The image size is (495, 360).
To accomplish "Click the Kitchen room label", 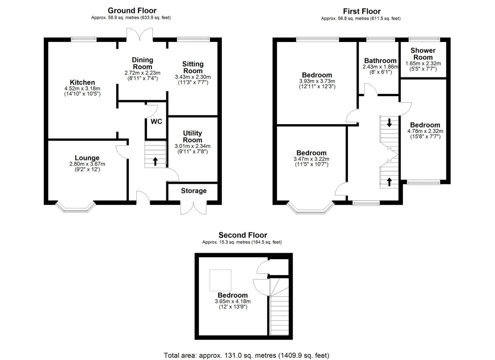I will click(x=82, y=82).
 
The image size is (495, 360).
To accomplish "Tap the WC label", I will click(x=156, y=121).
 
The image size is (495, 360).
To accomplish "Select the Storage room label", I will click(x=194, y=191).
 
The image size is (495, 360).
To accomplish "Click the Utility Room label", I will click(x=192, y=136).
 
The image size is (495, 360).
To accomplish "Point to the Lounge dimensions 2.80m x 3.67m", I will click(x=87, y=164).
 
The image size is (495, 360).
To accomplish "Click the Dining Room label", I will click(x=142, y=63).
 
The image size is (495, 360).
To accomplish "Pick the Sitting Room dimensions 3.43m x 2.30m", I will click(x=193, y=77).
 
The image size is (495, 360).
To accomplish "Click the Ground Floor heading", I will click(x=132, y=11).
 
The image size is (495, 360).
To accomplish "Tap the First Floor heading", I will click(x=362, y=11).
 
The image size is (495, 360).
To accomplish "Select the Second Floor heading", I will click(x=243, y=235).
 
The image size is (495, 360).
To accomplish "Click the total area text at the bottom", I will click(x=246, y=355).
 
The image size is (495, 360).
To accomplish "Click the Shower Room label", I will click(x=423, y=54).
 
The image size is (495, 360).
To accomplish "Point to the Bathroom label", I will click(x=380, y=61).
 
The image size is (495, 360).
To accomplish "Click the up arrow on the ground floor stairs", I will click(x=155, y=161).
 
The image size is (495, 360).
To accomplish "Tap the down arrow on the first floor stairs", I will click(x=389, y=122).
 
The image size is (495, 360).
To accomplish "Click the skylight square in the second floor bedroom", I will click(x=220, y=280).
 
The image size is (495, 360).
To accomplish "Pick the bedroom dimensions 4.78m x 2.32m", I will click(x=425, y=131).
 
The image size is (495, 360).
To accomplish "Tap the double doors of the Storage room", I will click(x=193, y=207).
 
